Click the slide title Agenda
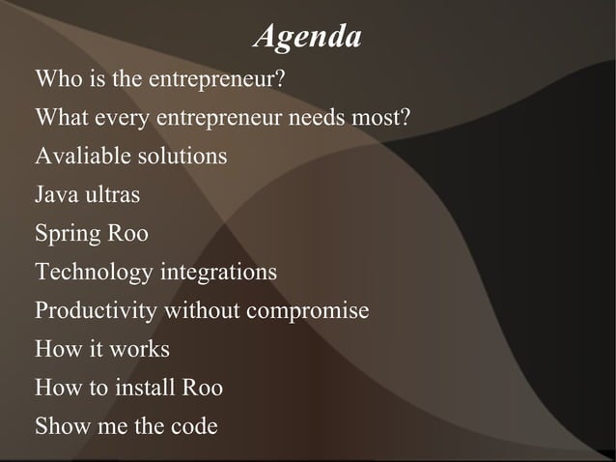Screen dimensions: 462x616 307,38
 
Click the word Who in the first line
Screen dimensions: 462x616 56,78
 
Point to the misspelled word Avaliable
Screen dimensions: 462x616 77,156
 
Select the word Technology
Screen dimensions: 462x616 94,274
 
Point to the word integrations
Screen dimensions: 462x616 217,274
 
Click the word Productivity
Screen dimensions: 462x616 97,312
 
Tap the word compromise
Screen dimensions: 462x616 307,312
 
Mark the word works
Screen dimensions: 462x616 140,349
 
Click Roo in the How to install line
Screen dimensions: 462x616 202,388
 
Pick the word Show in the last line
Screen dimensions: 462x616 60,426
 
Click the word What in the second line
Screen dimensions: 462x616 62,118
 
